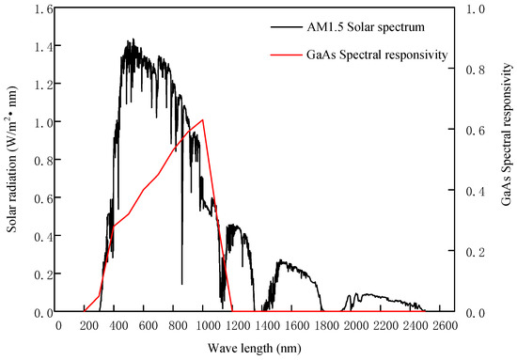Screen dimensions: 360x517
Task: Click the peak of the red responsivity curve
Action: [x=203, y=119]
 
